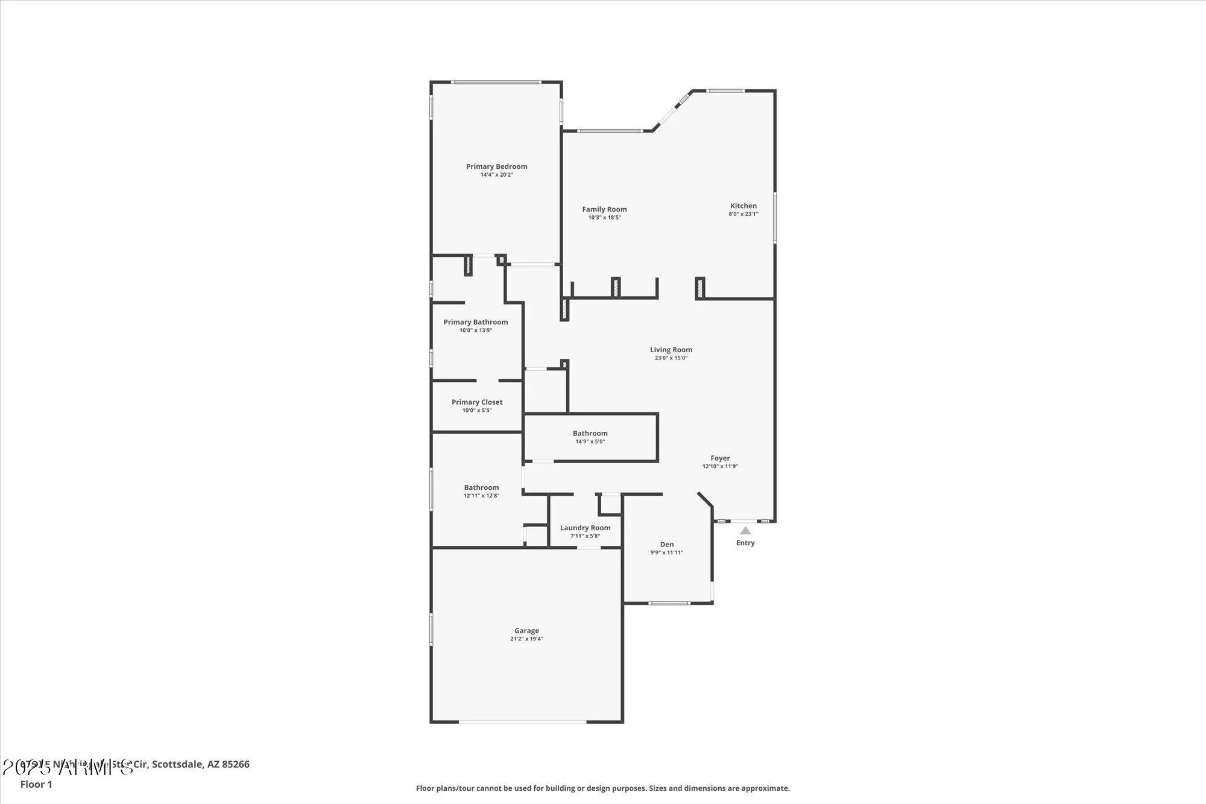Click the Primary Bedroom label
click(x=496, y=166)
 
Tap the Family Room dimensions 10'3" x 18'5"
click(x=604, y=218)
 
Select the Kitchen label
click(x=743, y=206)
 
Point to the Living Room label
click(x=671, y=350)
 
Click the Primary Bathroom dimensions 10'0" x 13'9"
click(x=476, y=331)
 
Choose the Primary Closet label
click(x=476, y=402)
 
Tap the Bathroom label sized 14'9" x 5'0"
click(x=590, y=433)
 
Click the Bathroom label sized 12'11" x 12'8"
click(x=481, y=487)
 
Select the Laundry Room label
click(x=585, y=528)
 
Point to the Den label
click(x=666, y=544)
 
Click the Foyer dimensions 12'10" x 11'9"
click(x=720, y=466)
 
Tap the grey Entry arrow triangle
click(x=745, y=531)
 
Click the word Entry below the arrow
click(x=745, y=543)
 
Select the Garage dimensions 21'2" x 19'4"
click(x=526, y=639)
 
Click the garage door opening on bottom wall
click(x=522, y=721)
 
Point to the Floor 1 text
click(x=36, y=784)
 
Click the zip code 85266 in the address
click(x=236, y=764)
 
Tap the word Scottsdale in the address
click(x=177, y=764)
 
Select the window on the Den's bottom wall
click(x=669, y=603)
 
